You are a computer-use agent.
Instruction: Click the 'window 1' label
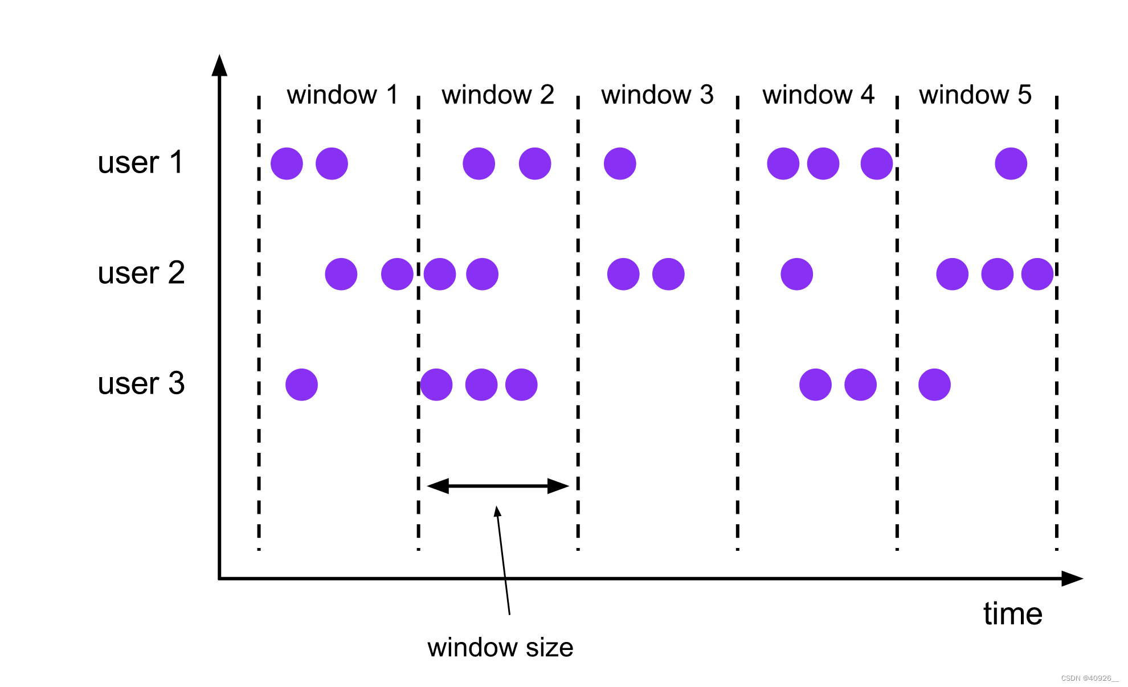click(342, 95)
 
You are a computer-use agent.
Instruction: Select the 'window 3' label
click(657, 95)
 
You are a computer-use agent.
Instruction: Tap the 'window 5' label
click(975, 95)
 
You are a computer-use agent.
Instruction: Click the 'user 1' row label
click(140, 162)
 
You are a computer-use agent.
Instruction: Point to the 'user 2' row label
click(141, 273)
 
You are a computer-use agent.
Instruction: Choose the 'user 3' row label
click(141, 383)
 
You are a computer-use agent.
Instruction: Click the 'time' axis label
click(1012, 614)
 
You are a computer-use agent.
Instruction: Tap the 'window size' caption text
click(500, 648)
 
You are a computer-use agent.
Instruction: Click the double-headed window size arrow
click(498, 486)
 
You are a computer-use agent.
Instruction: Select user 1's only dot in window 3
click(620, 163)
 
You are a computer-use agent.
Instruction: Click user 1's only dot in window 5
click(1011, 163)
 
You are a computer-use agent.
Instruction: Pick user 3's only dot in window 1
click(301, 385)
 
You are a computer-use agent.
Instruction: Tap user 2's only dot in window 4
click(796, 274)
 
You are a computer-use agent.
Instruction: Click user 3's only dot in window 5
click(934, 385)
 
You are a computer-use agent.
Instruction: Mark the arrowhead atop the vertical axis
click(219, 65)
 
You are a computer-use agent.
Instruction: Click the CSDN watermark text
click(1089, 678)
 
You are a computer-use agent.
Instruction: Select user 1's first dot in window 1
click(287, 163)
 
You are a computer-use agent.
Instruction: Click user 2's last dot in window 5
click(1037, 274)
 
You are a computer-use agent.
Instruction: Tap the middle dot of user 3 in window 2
click(481, 385)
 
